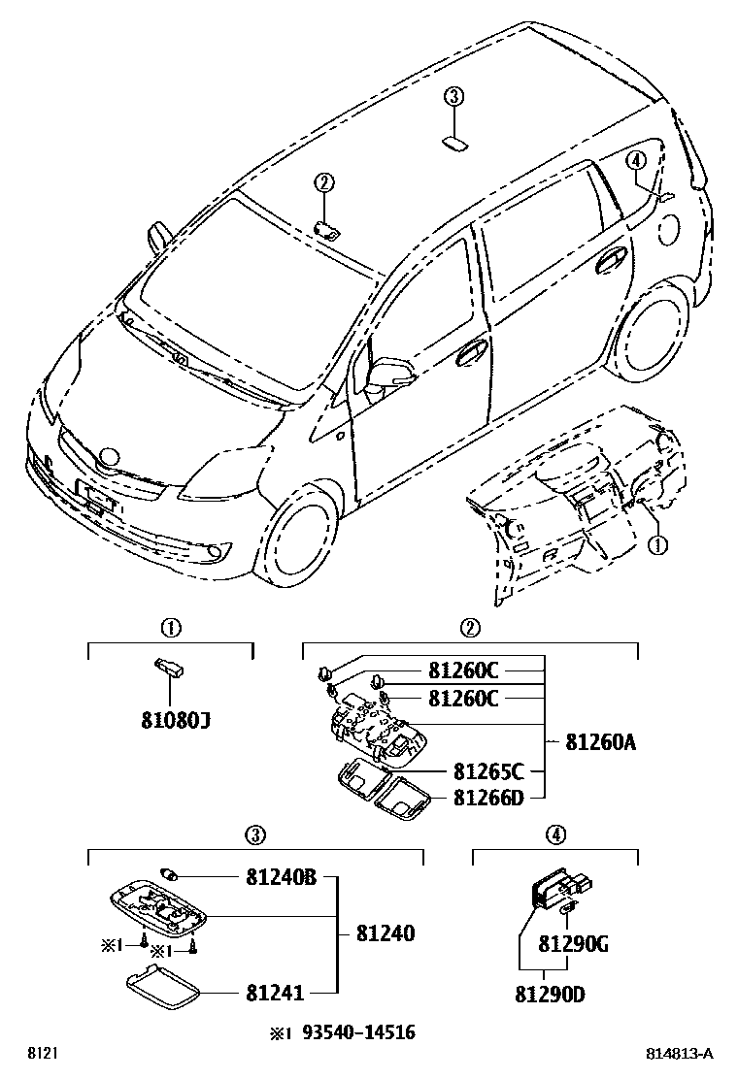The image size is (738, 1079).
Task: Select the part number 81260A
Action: [601, 742]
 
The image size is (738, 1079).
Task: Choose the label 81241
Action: [276, 992]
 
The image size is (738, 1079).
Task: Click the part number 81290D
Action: [549, 994]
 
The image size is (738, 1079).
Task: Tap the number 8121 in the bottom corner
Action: [41, 1054]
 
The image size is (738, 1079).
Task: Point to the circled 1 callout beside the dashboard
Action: [658, 545]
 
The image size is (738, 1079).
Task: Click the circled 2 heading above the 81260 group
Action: [470, 627]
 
